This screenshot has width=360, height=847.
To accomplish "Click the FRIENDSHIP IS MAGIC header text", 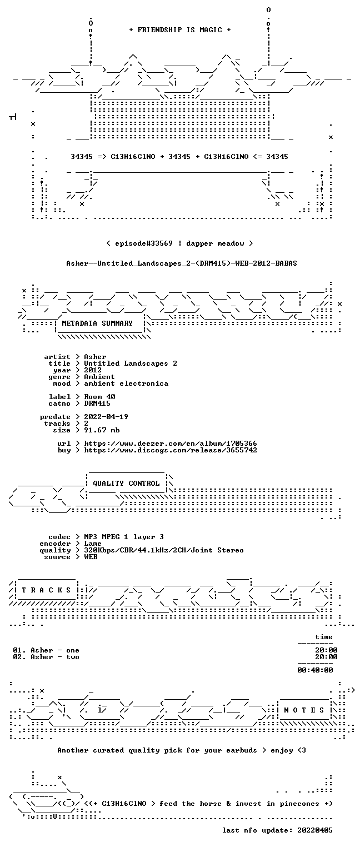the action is click(179, 30).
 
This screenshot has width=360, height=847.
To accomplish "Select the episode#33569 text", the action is click(144, 243).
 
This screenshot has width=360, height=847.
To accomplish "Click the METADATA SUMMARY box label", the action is click(97, 323).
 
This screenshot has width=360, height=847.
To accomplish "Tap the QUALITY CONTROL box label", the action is click(126, 483).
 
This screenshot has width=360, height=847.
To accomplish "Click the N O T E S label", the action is click(304, 710).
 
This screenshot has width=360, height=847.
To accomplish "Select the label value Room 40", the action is click(99, 397).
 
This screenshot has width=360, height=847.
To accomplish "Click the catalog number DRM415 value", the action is click(97, 403).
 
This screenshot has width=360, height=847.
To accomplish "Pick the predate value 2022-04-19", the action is click(106, 417).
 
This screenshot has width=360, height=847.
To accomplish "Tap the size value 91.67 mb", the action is click(102, 430).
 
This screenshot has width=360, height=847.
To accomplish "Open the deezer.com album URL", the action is click(170, 443).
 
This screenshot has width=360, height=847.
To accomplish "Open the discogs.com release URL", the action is click(170, 450).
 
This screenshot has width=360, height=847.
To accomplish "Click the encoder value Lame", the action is click(93, 544).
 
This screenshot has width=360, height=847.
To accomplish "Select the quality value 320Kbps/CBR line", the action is click(164, 550).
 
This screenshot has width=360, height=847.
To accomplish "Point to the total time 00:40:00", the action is click(315, 670).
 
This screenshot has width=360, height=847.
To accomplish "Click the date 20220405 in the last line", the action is click(315, 830).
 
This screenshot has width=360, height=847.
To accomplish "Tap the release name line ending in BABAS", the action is click(182, 263).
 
